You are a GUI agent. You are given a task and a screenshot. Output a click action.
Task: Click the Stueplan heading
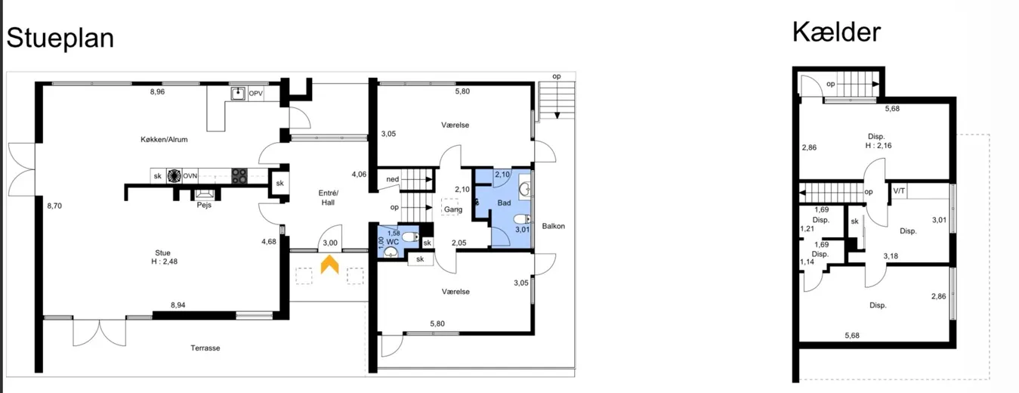click(60, 39)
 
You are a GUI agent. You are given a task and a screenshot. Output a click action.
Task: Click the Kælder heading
click(837, 32)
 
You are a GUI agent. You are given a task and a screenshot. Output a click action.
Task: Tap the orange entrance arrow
click(330, 265)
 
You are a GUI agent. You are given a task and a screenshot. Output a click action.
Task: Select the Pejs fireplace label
click(204, 205)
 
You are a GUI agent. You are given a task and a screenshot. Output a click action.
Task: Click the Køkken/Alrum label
click(164, 139)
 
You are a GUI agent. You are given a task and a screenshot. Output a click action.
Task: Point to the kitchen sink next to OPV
click(237, 94)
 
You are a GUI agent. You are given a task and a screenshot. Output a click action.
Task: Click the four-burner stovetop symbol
click(239, 176)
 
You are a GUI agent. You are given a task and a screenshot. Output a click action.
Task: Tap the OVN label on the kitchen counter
click(190, 176)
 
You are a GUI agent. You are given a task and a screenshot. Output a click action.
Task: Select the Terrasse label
click(205, 348)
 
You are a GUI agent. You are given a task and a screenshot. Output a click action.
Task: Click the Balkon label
click(553, 226)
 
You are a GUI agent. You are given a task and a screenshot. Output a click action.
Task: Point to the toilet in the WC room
click(410, 237)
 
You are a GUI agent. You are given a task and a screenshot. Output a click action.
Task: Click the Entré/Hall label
click(328, 198)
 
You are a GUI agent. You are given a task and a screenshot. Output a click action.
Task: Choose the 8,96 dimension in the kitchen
click(157, 91)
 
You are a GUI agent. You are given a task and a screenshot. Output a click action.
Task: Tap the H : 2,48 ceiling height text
click(164, 261)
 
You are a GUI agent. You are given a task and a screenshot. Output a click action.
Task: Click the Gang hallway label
click(453, 209)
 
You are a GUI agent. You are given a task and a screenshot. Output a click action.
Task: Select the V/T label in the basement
click(899, 190)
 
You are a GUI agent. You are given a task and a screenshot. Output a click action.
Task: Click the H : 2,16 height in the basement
click(878, 146)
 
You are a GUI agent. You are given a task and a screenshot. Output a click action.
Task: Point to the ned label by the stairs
click(393, 179)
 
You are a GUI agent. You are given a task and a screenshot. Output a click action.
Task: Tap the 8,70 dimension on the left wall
click(54, 206)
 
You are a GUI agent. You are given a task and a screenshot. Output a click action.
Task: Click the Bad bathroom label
click(504, 203)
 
